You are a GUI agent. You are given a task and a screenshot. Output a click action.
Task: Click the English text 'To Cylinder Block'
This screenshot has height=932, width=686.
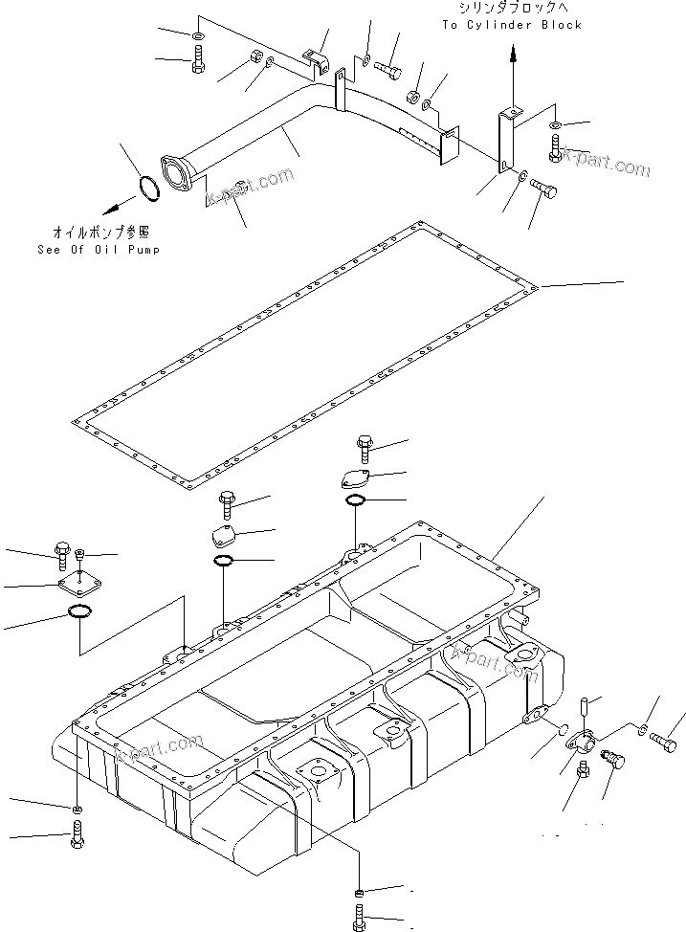tap(512, 25)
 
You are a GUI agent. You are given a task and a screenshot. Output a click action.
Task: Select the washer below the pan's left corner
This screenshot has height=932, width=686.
tap(77, 810)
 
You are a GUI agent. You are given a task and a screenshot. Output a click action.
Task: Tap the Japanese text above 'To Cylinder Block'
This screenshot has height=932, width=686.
tap(512, 9)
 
